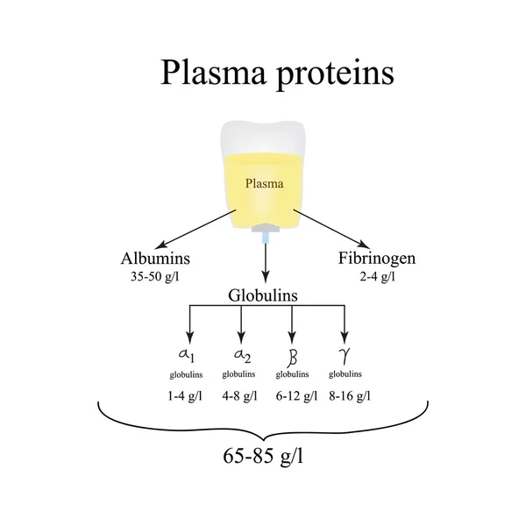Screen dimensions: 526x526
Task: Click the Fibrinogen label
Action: point(376,259)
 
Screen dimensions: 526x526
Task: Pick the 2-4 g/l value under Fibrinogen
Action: point(376,276)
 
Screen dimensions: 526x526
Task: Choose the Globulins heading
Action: point(263,295)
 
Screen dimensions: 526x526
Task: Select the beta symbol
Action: point(293,354)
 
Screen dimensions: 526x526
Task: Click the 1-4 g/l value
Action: point(186,395)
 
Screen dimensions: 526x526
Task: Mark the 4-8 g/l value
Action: point(239,395)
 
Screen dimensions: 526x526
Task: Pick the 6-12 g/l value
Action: point(294,395)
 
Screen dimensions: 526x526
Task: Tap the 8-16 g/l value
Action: point(348,395)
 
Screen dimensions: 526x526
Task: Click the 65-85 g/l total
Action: point(263,458)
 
